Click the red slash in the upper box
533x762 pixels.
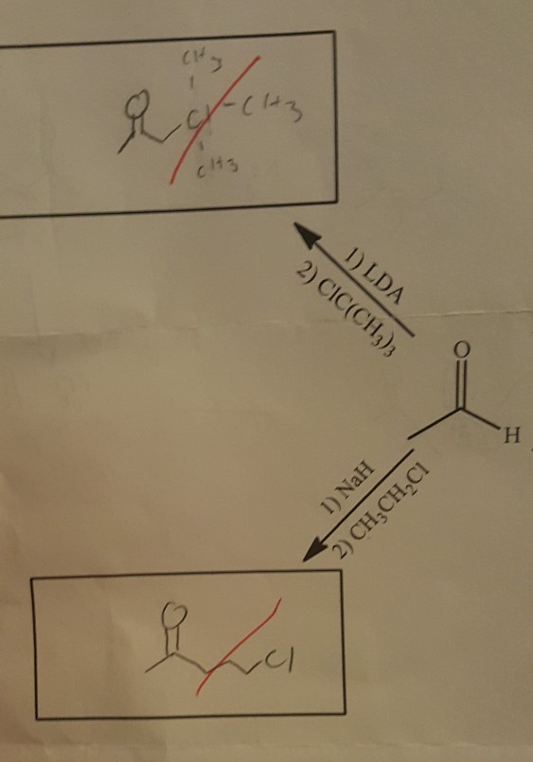pos(220,118)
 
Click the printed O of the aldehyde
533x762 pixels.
pos(460,351)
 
